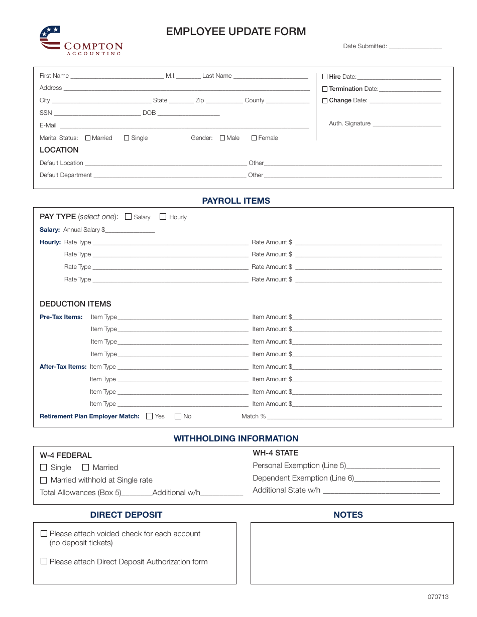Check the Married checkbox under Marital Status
point(88,138)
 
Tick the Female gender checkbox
point(254,138)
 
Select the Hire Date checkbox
point(325,77)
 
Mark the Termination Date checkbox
point(325,89)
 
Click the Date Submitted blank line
point(415,47)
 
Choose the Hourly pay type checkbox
point(163,217)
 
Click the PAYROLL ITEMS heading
point(236,201)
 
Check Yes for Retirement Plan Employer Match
point(150,416)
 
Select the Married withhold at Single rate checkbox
point(44,480)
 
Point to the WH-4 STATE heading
point(275,453)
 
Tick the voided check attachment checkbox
point(44,534)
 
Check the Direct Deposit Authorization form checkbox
point(44,562)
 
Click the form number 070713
point(438,597)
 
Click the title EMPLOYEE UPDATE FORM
point(236,32)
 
